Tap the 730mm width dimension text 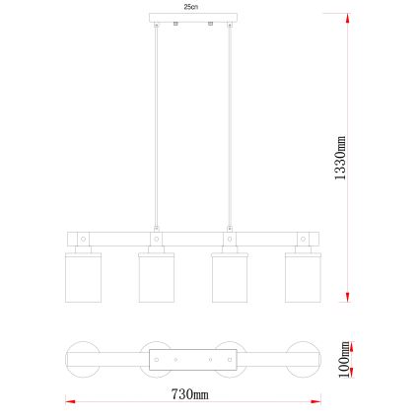pyautogui.click(x=190, y=393)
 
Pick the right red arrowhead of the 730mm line pyautogui.click(x=315, y=400)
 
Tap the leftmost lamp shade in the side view pyautogui.click(x=82, y=275)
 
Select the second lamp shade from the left pyautogui.click(x=156, y=275)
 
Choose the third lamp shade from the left pyautogui.click(x=228, y=275)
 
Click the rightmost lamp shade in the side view pyautogui.click(x=302, y=275)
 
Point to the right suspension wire pyautogui.click(x=230, y=128)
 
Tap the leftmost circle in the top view pyautogui.click(x=82, y=360)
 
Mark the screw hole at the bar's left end pyautogui.click(x=83, y=238)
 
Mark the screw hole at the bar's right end pyautogui.click(x=302, y=238)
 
